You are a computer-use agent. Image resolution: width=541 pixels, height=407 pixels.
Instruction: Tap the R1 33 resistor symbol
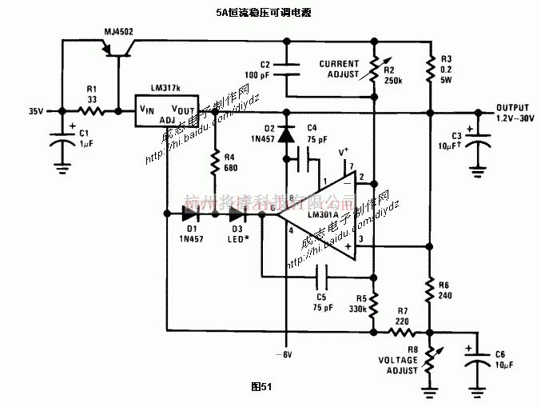click(92, 111)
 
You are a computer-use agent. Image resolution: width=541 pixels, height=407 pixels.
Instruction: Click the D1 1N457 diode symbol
click(190, 213)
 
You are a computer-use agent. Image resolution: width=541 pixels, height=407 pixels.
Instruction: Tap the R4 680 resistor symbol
click(214, 166)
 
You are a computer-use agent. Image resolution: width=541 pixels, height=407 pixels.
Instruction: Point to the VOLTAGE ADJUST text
click(397, 365)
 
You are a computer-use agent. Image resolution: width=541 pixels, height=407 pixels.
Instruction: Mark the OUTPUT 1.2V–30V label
click(512, 113)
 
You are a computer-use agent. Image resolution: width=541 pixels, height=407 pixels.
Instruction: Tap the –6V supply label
click(285, 353)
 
